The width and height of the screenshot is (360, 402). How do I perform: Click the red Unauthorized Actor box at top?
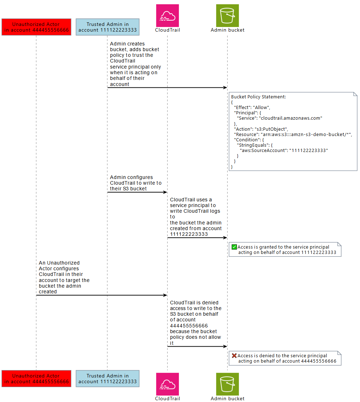(36, 27)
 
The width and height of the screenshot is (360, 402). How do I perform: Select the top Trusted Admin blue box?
(107, 27)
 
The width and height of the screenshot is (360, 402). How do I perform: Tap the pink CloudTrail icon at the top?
(168, 16)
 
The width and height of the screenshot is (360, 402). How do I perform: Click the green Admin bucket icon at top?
(228, 16)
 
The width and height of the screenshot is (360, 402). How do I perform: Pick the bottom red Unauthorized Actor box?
(36, 379)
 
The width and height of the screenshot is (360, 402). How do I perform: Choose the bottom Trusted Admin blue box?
(107, 379)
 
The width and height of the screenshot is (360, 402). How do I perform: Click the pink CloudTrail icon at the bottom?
(168, 384)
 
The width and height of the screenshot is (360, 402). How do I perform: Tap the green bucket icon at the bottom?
(228, 384)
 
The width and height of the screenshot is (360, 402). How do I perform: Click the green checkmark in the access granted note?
(234, 247)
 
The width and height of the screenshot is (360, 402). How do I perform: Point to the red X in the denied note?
(234, 355)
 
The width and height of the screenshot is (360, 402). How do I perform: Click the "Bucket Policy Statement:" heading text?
(258, 97)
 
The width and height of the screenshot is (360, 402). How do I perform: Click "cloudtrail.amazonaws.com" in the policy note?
(290, 118)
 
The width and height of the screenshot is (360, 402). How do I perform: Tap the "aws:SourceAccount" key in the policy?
(263, 151)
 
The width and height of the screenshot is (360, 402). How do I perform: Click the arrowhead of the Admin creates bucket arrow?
(225, 87)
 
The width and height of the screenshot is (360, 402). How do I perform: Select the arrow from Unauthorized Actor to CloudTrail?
(101, 295)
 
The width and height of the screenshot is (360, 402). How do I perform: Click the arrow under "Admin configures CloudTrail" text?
(137, 192)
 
